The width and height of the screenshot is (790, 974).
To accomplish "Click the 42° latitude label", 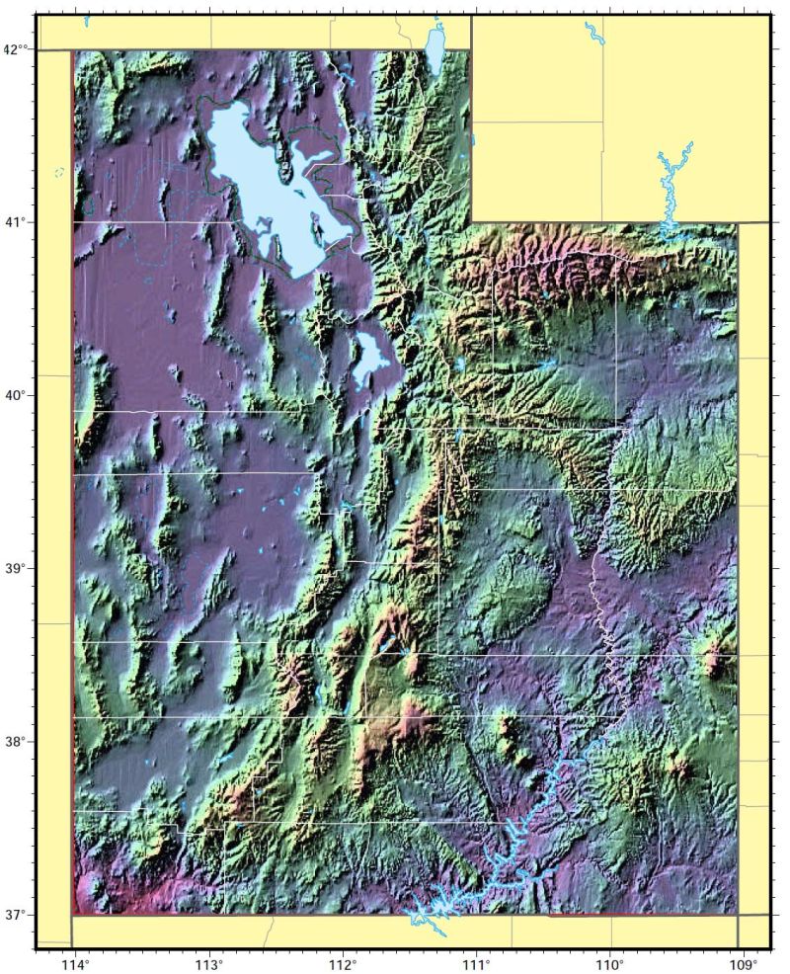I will coord(17,49).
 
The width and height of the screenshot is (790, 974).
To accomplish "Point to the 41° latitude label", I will coord(17,222).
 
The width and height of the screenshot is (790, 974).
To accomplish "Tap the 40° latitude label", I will coord(17,395).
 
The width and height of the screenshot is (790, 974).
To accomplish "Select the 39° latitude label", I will coord(17,569).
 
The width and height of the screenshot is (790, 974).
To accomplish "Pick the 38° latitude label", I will coord(17,742).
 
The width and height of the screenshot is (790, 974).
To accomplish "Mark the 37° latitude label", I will coord(17,915).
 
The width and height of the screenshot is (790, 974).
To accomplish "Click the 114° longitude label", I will coord(73,963).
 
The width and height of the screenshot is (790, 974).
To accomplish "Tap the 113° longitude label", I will coord(208,963).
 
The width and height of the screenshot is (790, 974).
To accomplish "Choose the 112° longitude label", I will coord(342,963).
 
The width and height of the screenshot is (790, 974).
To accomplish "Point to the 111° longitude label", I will coord(475,963).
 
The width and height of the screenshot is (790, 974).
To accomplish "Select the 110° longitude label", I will coord(609,963).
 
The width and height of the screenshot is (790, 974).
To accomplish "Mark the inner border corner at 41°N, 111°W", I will coord(471,222).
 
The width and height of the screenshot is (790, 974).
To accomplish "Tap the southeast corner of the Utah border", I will coord(738,915).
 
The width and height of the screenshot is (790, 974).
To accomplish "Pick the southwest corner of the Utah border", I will coord(73,915).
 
